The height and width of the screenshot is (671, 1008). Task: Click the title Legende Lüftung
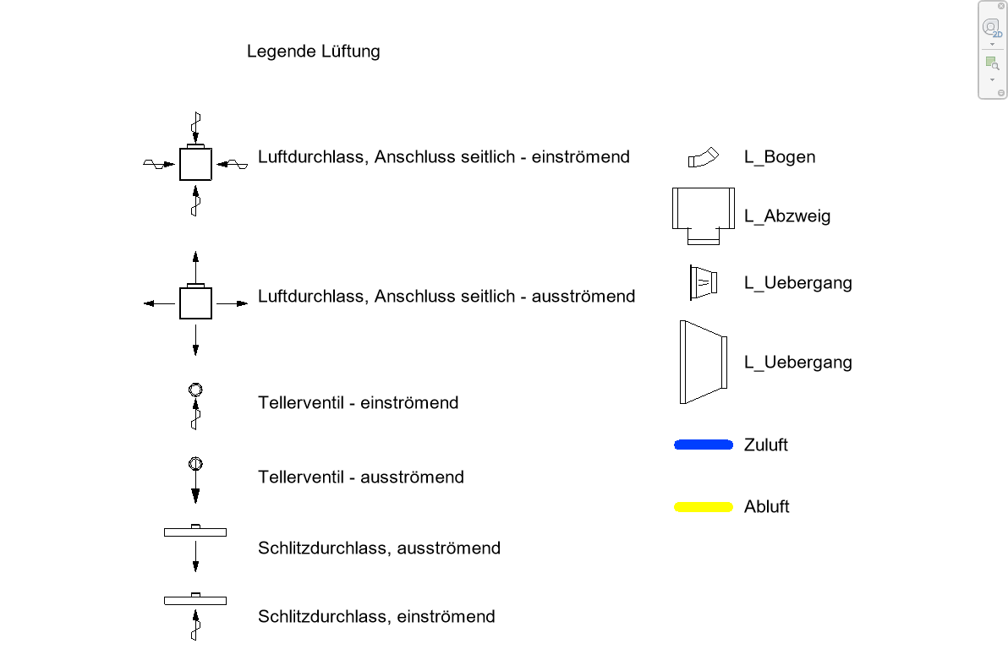(x=313, y=52)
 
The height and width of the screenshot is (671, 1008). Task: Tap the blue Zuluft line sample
(x=703, y=445)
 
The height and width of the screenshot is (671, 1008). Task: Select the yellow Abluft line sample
(x=703, y=507)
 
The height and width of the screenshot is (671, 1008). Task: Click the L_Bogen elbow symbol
(x=702, y=158)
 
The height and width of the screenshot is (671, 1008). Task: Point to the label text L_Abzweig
(x=787, y=216)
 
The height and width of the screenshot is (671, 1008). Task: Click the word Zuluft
(x=765, y=445)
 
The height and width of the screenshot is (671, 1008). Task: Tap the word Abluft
(x=766, y=507)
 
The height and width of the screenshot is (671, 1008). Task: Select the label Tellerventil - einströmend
(x=358, y=403)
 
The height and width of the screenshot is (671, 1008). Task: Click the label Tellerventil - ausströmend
(x=360, y=477)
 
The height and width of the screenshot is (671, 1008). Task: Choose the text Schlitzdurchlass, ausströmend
(x=379, y=548)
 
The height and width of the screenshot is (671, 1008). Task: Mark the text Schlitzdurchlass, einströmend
(x=376, y=617)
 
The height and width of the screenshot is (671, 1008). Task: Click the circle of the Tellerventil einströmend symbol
(x=195, y=390)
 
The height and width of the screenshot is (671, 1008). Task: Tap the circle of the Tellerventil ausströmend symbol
(x=195, y=463)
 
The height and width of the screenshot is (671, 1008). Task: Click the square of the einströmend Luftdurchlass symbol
(x=195, y=164)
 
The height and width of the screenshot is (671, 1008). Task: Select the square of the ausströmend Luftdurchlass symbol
(x=195, y=303)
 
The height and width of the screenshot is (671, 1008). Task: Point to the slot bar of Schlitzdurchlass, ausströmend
(x=195, y=532)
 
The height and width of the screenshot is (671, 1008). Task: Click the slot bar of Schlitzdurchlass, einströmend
(x=195, y=600)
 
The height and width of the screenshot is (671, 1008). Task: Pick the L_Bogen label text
(x=780, y=157)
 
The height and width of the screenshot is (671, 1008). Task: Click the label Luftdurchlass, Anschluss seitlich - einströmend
(x=443, y=157)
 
